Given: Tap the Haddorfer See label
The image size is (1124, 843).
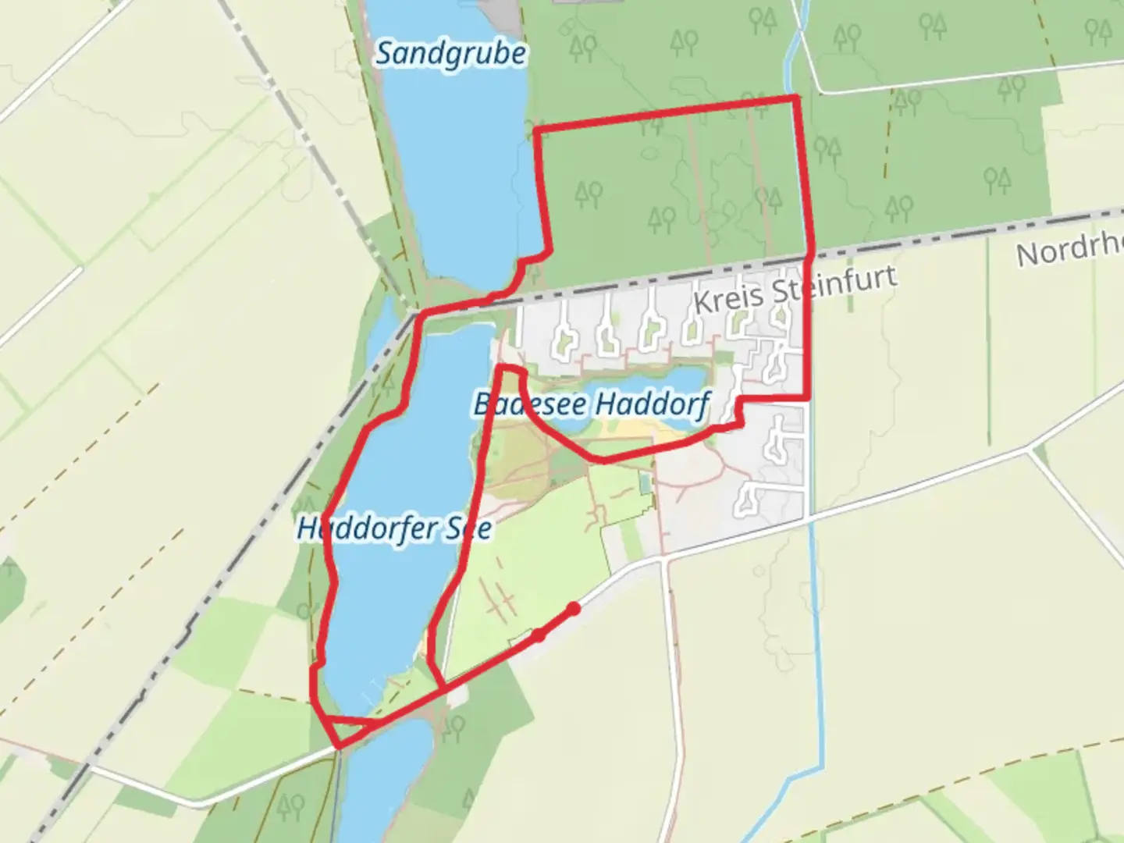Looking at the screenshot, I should coord(394,528).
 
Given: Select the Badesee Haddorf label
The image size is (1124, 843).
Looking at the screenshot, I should coord(592,404).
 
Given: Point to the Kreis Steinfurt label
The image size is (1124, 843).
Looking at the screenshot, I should coord(795,290).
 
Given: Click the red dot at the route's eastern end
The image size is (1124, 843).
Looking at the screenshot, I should coord(574,608).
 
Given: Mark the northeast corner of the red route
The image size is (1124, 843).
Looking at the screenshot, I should coord(796,97).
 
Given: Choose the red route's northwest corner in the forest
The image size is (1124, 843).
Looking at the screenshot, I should coord(536,127).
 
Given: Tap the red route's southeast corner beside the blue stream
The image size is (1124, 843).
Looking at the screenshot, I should coord(807,399).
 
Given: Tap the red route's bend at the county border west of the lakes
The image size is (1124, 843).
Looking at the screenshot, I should coord(422,315).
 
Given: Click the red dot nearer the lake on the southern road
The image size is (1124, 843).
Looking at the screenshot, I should coord(539,635).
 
